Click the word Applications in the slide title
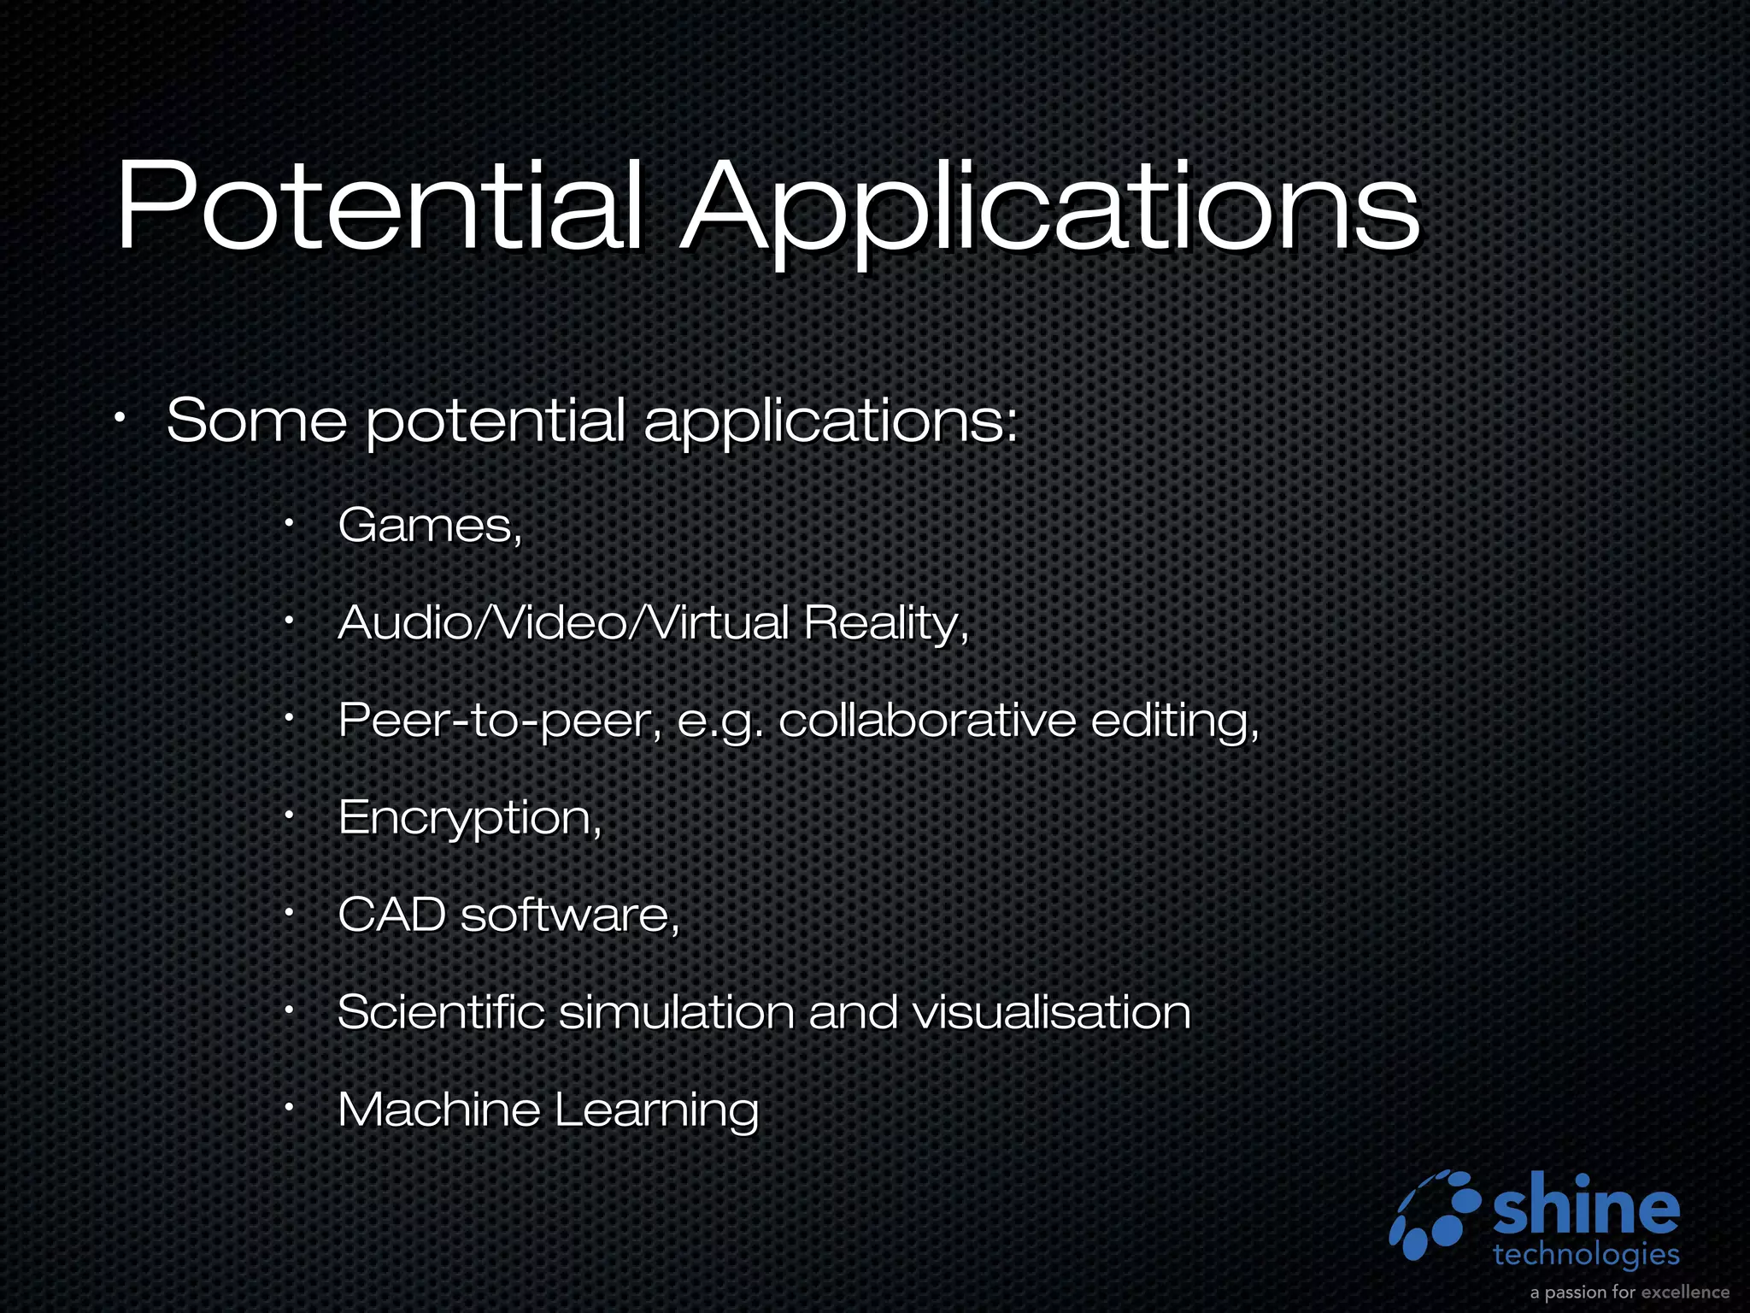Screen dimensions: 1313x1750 pos(1050,209)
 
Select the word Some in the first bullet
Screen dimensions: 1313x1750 pos(256,421)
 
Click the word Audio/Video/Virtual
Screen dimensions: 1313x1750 pos(563,622)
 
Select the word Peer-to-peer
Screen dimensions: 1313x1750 pos(500,721)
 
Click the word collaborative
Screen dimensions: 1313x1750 pos(927,720)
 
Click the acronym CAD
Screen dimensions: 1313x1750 pos(391,915)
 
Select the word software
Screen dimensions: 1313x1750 pos(569,915)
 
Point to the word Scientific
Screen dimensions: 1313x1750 pos(441,1012)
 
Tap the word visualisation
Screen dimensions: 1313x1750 pos(1051,1012)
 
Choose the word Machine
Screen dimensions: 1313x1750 pos(438,1110)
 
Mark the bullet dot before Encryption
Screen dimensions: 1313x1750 pos(290,817)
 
